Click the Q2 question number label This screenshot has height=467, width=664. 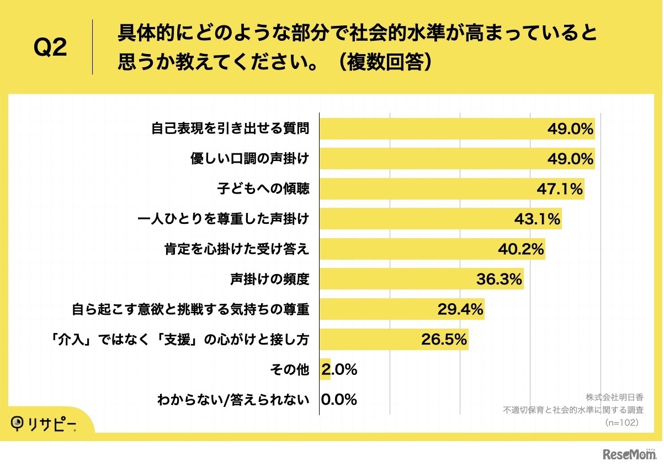[50, 49]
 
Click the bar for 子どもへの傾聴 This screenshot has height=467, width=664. [451, 189]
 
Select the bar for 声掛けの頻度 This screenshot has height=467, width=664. [422, 280]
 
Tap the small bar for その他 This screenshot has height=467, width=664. [325, 370]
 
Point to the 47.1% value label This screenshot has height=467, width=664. [560, 190]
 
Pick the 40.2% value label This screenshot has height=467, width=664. [521, 250]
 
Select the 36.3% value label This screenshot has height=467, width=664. [499, 280]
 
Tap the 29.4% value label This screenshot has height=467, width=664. [460, 310]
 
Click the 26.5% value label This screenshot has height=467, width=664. [444, 340]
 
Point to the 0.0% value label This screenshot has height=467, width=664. [339, 400]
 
